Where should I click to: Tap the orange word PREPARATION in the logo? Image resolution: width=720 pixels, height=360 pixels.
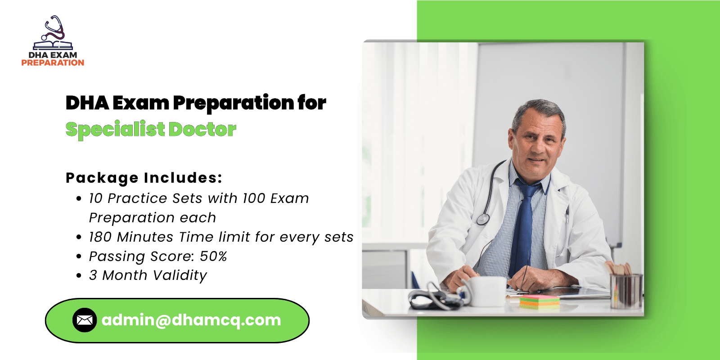(x=53, y=63)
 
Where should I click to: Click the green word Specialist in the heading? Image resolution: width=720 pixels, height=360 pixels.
(x=115, y=130)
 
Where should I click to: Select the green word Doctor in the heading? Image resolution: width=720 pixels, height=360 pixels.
(x=202, y=129)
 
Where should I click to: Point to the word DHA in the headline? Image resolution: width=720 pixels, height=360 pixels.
(x=87, y=103)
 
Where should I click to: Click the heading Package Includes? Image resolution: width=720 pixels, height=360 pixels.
(x=144, y=178)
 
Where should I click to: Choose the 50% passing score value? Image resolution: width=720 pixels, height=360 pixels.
(x=213, y=256)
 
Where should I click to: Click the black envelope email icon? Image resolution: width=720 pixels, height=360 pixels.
(x=85, y=320)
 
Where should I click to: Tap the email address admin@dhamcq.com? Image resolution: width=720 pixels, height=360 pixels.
(x=191, y=320)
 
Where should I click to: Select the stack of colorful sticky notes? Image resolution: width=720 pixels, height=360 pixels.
(x=540, y=302)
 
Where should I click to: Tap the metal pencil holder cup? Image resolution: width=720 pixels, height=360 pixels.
(x=626, y=291)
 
